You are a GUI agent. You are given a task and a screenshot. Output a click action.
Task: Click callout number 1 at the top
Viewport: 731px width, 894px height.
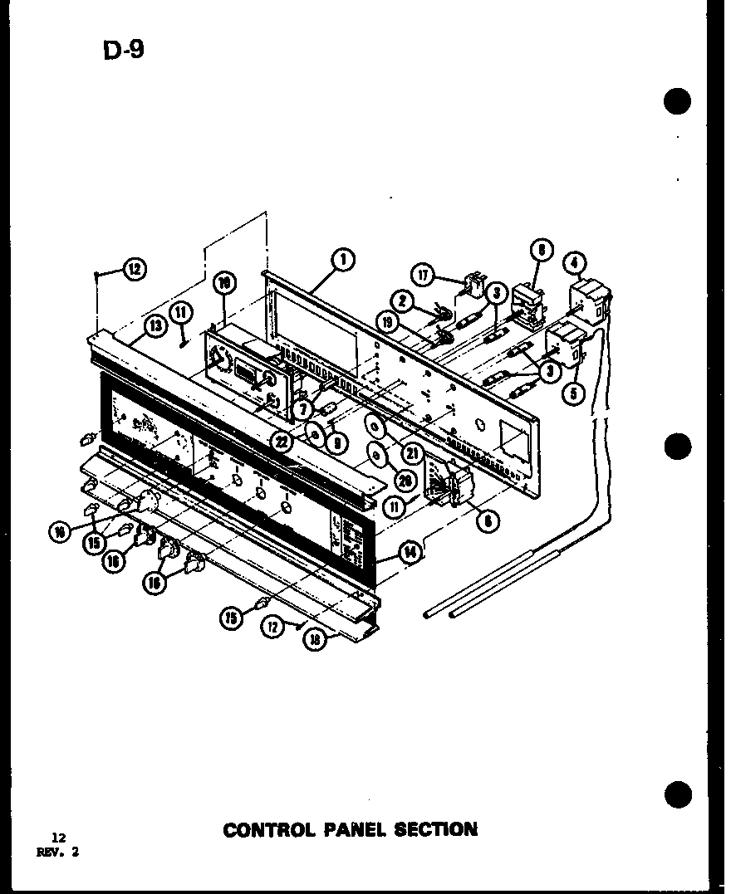pyautogui.click(x=341, y=261)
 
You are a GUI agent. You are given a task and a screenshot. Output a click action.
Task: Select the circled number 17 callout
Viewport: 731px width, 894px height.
pyautogui.click(x=424, y=276)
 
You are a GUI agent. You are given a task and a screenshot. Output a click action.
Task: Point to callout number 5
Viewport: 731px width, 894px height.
pyautogui.click(x=572, y=392)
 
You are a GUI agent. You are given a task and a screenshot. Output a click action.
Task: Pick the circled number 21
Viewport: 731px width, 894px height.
pyautogui.click(x=410, y=453)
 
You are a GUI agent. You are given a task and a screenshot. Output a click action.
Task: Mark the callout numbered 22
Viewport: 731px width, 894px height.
pyautogui.click(x=284, y=442)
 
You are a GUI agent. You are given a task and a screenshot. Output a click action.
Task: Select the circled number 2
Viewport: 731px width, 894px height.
pyautogui.click(x=400, y=302)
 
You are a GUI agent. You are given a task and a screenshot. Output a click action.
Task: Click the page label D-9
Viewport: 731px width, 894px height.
pyautogui.click(x=123, y=50)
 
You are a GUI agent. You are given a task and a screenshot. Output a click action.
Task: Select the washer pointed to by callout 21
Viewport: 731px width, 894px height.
pyautogui.click(x=375, y=427)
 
